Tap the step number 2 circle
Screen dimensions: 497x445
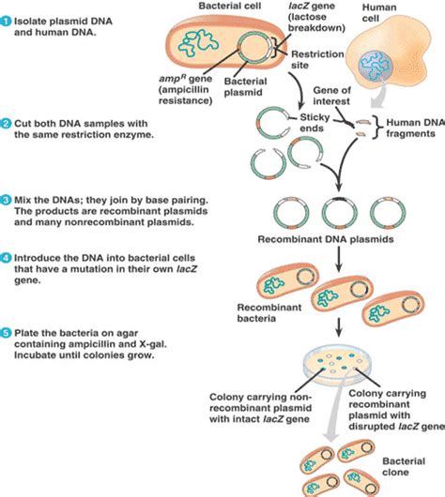7,124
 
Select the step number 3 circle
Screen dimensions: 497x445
7,200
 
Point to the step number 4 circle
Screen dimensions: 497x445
7,257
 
